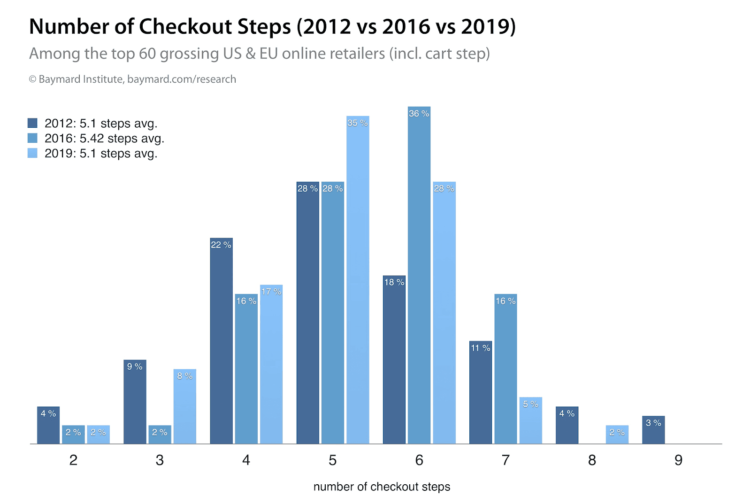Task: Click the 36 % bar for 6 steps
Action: click(419, 277)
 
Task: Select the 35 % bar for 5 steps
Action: click(358, 282)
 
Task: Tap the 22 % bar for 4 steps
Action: click(221, 343)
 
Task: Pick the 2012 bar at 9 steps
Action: click(653, 430)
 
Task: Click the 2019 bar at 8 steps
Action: click(617, 435)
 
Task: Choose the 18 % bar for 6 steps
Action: click(394, 362)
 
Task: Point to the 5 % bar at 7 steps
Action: click(530, 421)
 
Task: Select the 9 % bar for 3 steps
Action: click(135, 403)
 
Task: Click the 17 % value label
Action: click(271, 292)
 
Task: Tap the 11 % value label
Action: click(481, 348)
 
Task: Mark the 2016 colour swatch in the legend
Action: click(32, 138)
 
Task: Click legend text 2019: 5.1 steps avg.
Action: click(101, 154)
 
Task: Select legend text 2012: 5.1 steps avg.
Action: click(101, 124)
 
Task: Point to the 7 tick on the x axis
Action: click(506, 460)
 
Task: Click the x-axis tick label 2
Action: click(73, 460)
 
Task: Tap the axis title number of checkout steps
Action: click(382, 487)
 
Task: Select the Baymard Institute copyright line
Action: click(132, 79)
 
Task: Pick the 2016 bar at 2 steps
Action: click(73, 435)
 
